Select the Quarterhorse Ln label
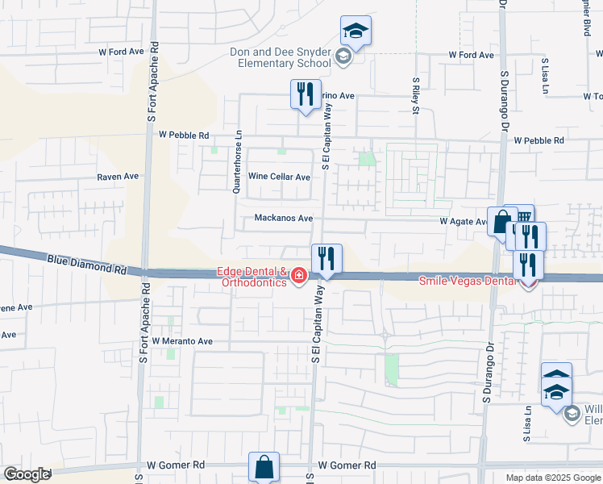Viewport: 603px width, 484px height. point(237,162)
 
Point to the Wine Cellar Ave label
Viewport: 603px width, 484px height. point(279,177)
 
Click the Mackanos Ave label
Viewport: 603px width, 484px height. point(283,218)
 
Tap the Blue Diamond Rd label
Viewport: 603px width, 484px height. point(87,262)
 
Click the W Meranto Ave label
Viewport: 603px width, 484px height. point(181,341)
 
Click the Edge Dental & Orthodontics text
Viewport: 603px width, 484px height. point(252,277)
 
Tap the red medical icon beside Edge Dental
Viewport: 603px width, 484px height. point(299,277)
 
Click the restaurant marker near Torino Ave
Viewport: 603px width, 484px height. point(306,94)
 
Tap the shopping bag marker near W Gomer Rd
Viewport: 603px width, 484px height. point(264,466)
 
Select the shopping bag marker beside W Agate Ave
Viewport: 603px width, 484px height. point(501,221)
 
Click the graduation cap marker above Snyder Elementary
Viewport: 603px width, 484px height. point(356,31)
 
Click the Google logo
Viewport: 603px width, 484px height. point(27,474)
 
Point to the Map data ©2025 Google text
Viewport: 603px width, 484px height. point(553,478)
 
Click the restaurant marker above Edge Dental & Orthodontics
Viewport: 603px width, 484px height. point(326,258)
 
